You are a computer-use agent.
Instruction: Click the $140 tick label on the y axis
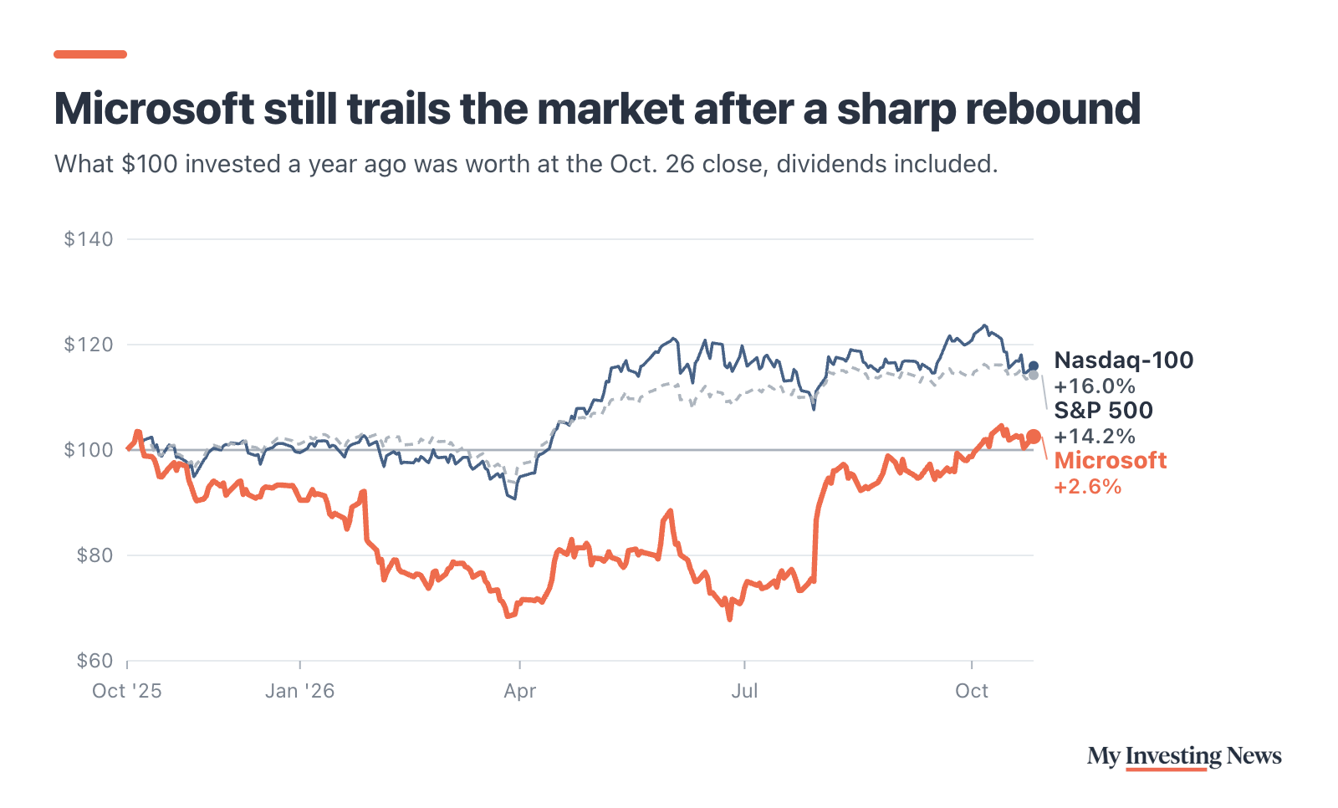click(x=89, y=239)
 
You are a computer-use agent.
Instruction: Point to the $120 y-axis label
click(x=89, y=345)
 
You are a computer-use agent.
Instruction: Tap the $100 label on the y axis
click(x=89, y=449)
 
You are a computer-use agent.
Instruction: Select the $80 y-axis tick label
click(x=94, y=555)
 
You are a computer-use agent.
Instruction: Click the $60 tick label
click(x=94, y=661)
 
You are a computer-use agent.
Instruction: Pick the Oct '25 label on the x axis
click(x=126, y=691)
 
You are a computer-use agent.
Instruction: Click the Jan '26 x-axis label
click(x=300, y=691)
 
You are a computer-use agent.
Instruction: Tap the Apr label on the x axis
click(x=519, y=692)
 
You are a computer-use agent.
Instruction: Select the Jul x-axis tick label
click(x=744, y=691)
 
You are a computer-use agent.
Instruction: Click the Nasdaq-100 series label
click(x=1124, y=361)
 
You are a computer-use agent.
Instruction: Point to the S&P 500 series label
click(x=1103, y=411)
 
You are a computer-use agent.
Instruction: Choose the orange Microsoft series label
click(x=1111, y=461)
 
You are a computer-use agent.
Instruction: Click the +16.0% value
click(x=1095, y=386)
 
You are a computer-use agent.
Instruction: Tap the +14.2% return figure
click(x=1095, y=437)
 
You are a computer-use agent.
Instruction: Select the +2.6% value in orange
click(x=1088, y=487)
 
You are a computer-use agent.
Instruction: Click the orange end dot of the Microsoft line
click(x=1034, y=437)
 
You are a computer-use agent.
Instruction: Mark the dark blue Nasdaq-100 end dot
click(x=1034, y=366)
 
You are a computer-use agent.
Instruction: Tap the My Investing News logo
click(x=1184, y=757)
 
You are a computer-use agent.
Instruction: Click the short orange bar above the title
click(x=90, y=54)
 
